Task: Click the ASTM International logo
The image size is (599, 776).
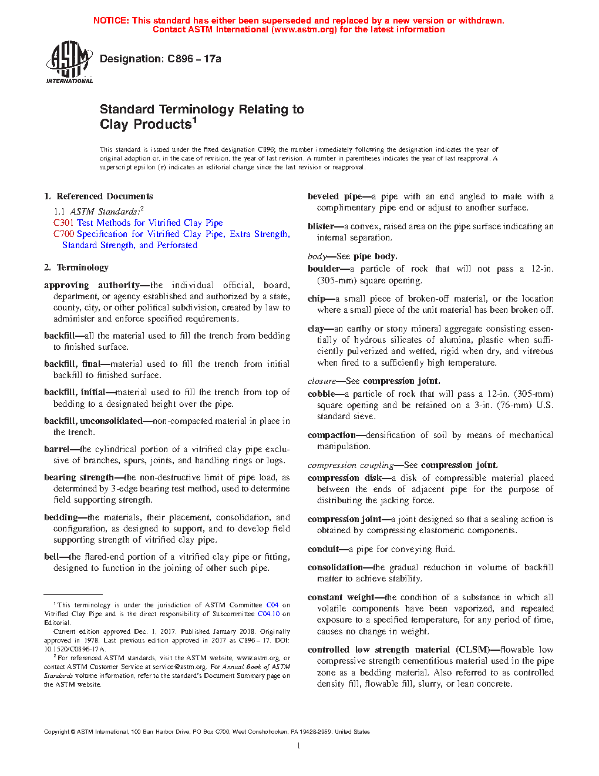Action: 69,62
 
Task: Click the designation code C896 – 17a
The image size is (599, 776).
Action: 194,59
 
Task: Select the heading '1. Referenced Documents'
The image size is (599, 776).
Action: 99,196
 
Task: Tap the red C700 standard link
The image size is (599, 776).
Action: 63,234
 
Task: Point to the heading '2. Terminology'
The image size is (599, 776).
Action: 76,267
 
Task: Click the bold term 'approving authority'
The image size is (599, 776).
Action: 92,285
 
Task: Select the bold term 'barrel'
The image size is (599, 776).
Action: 56,449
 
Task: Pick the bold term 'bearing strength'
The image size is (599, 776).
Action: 79,477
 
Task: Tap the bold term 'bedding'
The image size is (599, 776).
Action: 60,517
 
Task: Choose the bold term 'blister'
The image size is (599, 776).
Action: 321,226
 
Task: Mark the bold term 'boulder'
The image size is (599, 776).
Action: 324,269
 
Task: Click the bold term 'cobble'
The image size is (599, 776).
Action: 321,394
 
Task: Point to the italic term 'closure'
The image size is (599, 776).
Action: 321,381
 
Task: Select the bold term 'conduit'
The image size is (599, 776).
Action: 323,549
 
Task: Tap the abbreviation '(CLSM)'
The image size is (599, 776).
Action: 472,650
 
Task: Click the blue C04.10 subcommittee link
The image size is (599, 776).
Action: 268,614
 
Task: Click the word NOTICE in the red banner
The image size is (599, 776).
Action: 111,21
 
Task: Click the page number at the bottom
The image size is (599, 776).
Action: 299,746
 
